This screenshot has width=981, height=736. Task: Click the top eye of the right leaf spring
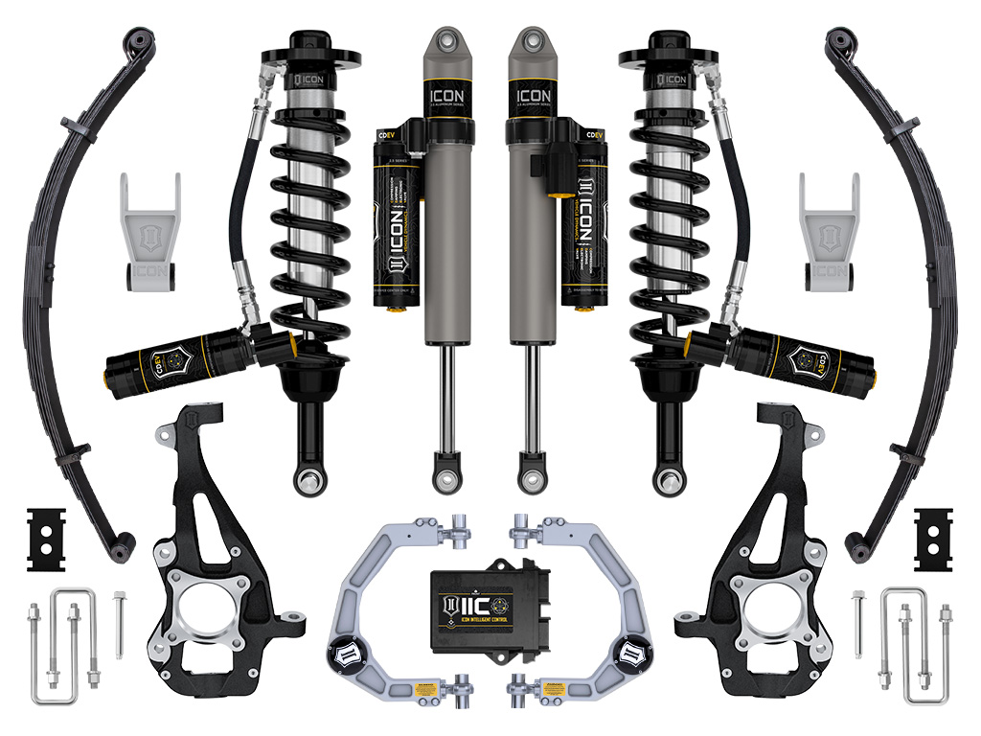tap(838, 41)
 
